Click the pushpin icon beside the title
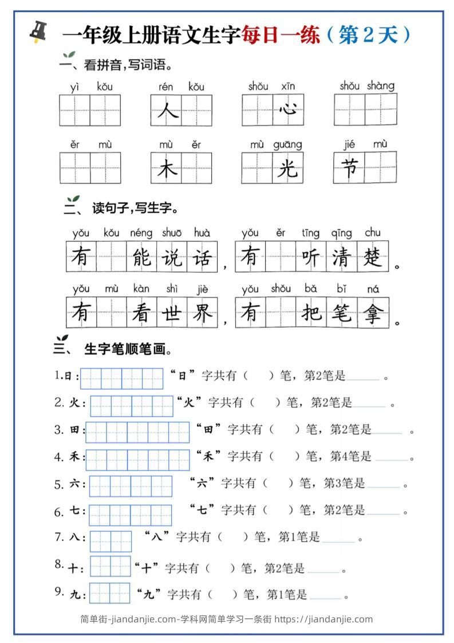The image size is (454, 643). pos(38,33)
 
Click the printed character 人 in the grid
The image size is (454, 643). pos(167,110)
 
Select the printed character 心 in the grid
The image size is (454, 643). pos(288,109)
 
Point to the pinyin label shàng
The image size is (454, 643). pos(381,86)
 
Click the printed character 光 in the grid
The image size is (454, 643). pos(288,168)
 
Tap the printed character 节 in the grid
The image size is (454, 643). pos(349,168)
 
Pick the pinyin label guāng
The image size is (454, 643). pos(287,145)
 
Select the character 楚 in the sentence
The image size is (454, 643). pos(373,257)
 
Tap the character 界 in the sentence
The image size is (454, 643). pos(202,313)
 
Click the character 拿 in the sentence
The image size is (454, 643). pos(373,313)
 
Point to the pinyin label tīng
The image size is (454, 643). pos(310,233)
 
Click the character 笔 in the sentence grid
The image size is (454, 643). pos(342,313)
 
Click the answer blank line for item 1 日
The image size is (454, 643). pos(363,379)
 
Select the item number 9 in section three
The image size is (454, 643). pos(59,591)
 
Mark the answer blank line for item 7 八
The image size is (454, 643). pos(338,540)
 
